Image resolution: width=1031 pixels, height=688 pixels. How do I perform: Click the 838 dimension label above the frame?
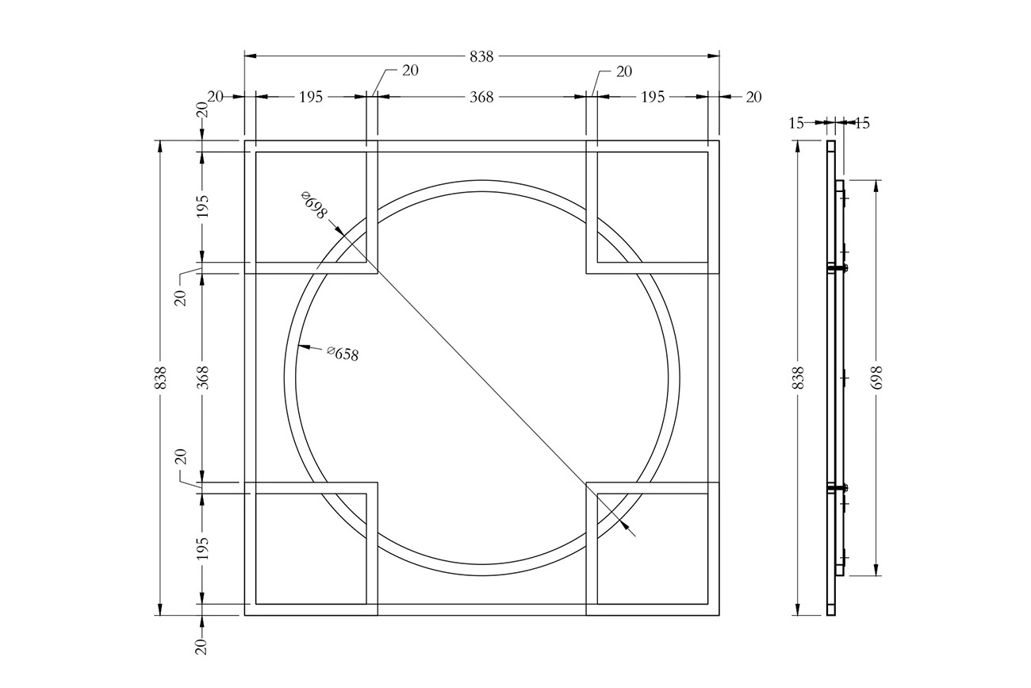[481, 56]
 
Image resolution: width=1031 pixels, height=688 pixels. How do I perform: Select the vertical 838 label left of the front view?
[160, 378]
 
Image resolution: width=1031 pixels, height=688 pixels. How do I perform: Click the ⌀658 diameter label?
[343, 353]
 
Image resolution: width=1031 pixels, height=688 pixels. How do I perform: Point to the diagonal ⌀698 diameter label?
[314, 205]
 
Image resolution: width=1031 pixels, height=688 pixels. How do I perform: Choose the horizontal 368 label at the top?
[481, 97]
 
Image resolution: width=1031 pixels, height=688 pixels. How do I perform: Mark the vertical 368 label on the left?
[202, 378]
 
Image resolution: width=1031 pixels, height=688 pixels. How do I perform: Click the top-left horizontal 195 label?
[311, 97]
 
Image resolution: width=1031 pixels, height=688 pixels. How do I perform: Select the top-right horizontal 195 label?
[653, 97]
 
